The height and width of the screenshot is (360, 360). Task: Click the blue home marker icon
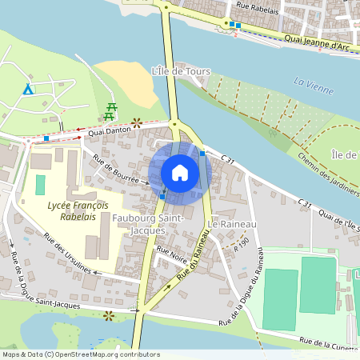pos(180,173)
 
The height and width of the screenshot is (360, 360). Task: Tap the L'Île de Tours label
pos(181,72)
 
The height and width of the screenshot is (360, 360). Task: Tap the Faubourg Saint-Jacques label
pos(150,224)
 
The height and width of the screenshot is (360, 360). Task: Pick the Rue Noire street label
pos(172,258)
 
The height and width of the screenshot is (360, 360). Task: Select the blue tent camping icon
pos(28,88)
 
